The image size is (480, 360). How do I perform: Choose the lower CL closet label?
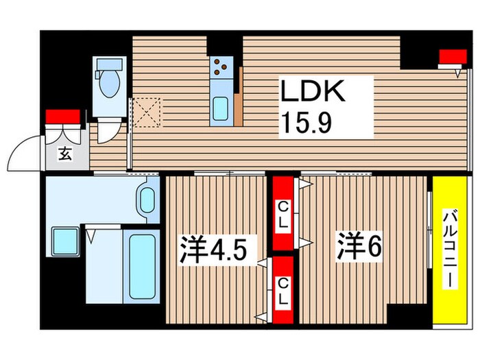(x=283, y=290)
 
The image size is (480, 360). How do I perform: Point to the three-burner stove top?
(x=221, y=67)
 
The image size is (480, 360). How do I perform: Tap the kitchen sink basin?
(x=221, y=108)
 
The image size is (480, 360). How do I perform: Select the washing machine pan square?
(x=65, y=242)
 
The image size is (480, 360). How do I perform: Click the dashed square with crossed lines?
(x=147, y=112)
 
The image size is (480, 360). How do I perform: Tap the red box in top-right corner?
(x=449, y=57)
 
